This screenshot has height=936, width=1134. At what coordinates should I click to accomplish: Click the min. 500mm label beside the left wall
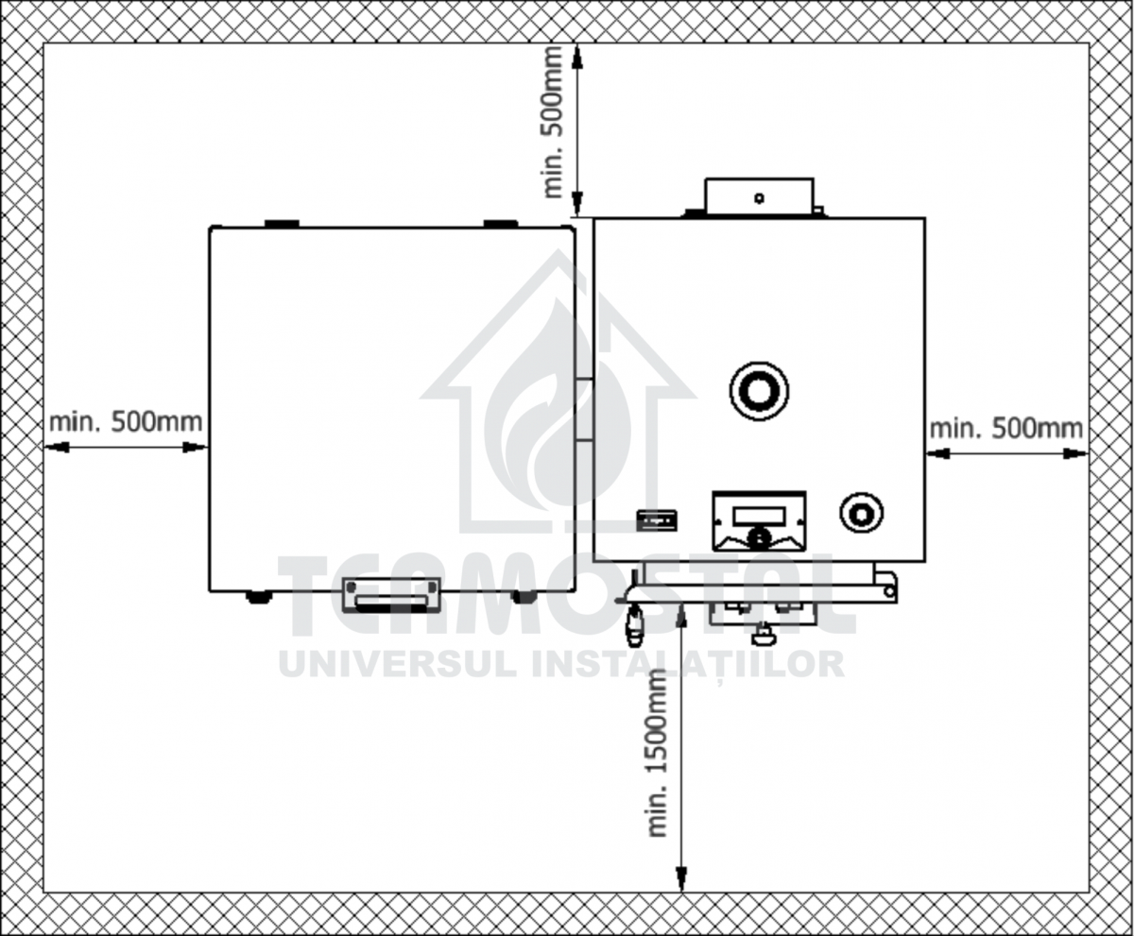126,422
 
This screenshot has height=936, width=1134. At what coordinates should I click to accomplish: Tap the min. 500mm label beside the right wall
1006,429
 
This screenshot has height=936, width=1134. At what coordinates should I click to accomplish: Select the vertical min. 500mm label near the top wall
553,122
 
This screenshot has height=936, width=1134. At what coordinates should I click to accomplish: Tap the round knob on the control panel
758,537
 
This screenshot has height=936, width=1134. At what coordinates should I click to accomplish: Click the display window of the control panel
759,517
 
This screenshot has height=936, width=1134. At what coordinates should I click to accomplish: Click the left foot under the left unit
259,597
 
